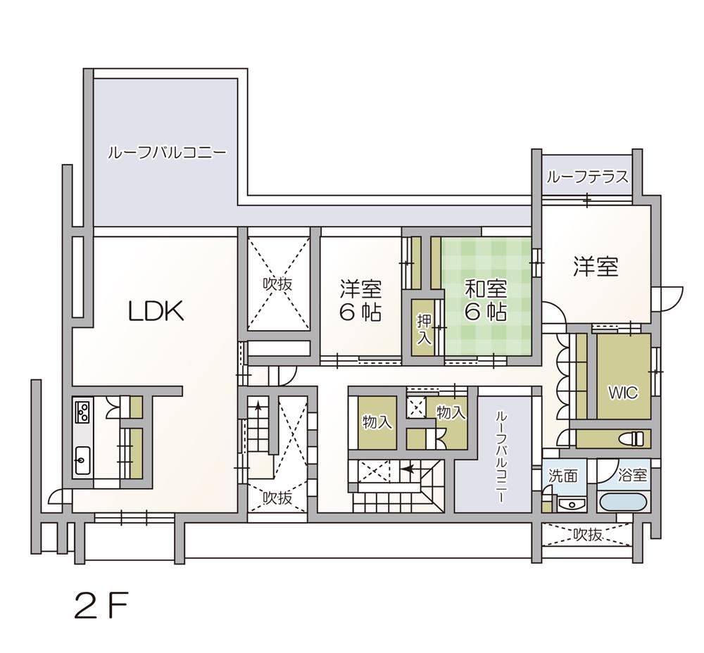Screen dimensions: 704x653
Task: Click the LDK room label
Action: [156, 311]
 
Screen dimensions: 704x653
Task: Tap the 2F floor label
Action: [101, 606]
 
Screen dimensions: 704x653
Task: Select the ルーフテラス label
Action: [587, 177]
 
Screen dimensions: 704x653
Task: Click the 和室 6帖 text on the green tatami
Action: [486, 300]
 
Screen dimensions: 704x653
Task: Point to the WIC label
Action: [623, 393]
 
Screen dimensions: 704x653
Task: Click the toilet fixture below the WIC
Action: [635, 438]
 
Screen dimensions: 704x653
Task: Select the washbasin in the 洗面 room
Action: [572, 504]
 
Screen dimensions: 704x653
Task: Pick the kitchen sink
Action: [82, 460]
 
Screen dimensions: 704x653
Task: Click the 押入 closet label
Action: [424, 329]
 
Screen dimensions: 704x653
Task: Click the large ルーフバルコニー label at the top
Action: [167, 153]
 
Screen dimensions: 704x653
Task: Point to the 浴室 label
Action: [632, 475]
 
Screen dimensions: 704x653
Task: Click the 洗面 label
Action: [563, 475]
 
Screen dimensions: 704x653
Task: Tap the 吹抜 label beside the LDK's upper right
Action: [277, 284]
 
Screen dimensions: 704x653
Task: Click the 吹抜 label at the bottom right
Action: [587, 534]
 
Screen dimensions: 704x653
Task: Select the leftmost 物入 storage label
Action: [376, 422]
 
